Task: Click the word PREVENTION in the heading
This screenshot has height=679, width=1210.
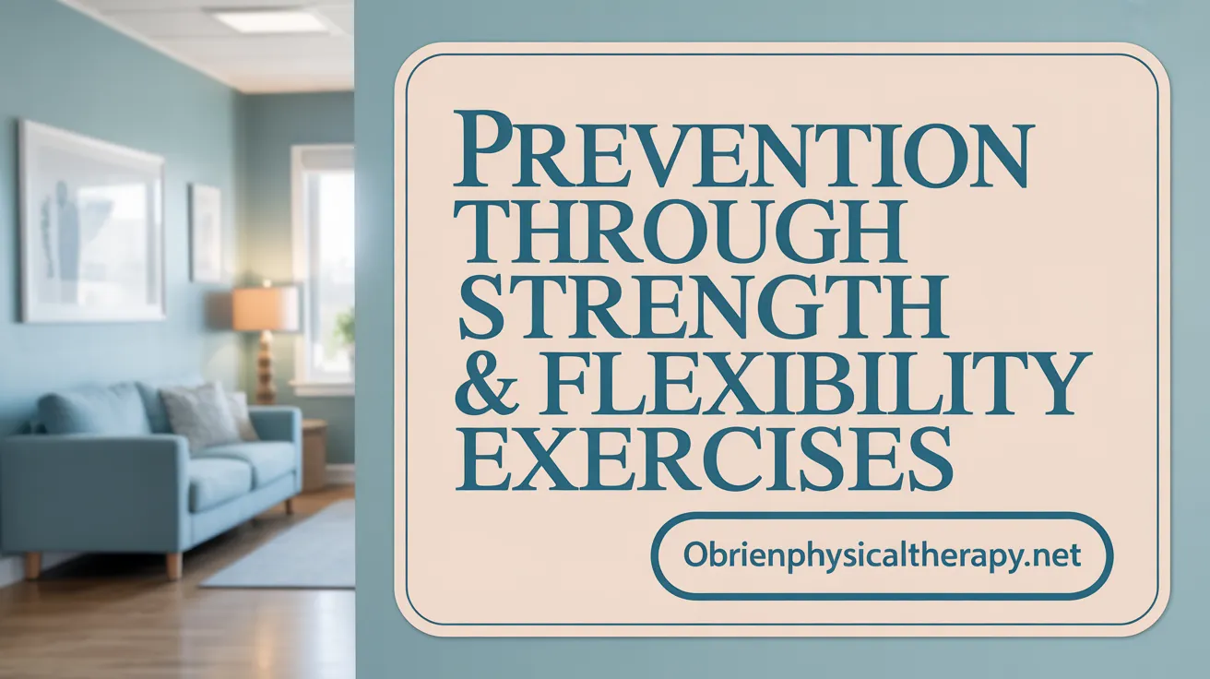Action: click(742, 149)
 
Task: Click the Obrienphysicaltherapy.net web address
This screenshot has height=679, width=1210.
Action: click(882, 555)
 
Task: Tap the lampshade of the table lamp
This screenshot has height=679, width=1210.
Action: click(266, 308)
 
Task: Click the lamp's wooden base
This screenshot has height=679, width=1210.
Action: click(266, 368)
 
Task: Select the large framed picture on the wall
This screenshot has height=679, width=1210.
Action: click(92, 222)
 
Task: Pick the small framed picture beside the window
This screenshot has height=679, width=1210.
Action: click(206, 233)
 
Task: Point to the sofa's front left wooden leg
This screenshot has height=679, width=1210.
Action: click(32, 565)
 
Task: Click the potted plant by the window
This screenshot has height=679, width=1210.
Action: click(345, 329)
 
